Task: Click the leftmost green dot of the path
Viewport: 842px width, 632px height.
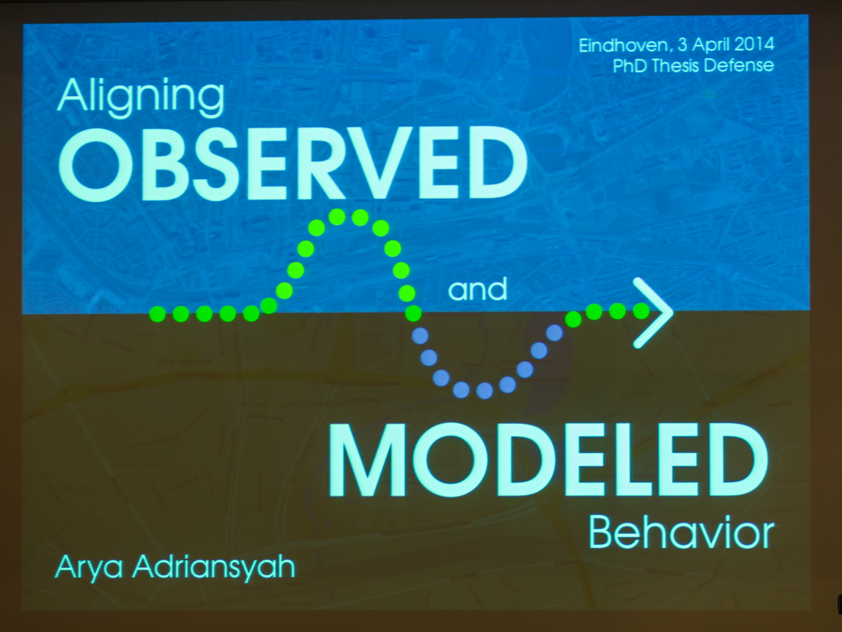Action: (157, 314)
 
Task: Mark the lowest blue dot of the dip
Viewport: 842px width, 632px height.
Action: (484, 390)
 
